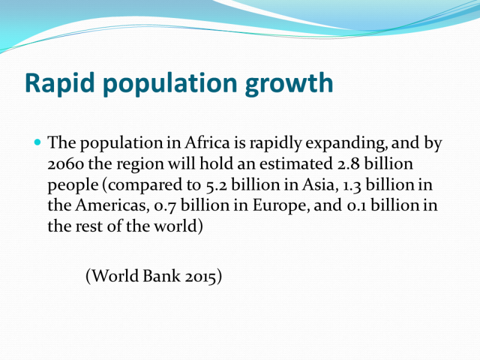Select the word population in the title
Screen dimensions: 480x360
[170, 83]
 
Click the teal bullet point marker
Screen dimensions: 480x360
[38, 142]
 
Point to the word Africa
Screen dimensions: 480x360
[207, 143]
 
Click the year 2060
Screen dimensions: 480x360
[65, 164]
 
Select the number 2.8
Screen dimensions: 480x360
[349, 163]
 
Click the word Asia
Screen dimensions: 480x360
[319, 185]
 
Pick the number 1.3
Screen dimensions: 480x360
[352, 185]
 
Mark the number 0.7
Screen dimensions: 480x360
[165, 206]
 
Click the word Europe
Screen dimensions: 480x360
[280, 206]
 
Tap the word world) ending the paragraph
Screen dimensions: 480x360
[178, 226]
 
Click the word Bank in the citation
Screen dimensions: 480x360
[161, 276]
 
